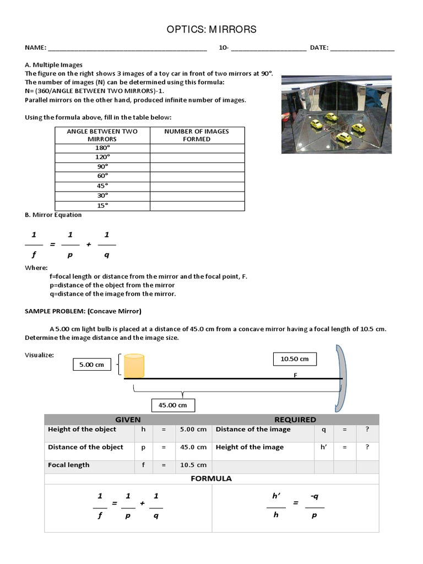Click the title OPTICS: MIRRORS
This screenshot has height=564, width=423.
[x=211, y=29]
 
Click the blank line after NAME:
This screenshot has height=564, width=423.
[x=127, y=48]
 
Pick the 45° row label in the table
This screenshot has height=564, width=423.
[x=102, y=186]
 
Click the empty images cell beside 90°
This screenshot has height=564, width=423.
[x=197, y=166]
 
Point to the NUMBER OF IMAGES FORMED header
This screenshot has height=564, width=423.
[x=197, y=135]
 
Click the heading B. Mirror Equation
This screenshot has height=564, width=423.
[x=53, y=215]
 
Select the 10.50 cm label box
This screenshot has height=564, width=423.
[x=295, y=359]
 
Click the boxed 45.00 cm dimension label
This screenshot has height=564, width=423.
[x=172, y=405]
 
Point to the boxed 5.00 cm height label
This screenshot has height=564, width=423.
[x=92, y=365]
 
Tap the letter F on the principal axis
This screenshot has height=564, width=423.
[x=295, y=375]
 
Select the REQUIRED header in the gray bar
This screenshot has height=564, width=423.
[x=295, y=420]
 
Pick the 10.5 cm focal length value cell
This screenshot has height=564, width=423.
[x=193, y=465]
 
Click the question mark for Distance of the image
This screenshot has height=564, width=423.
[x=367, y=430]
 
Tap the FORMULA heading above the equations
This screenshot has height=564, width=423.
[x=211, y=479]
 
